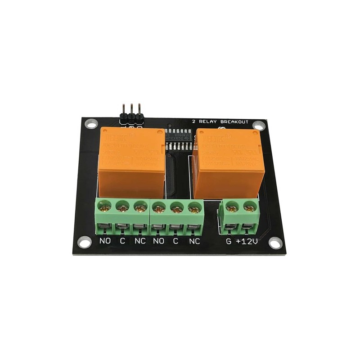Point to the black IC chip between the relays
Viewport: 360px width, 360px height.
pyautogui.click(x=181, y=141)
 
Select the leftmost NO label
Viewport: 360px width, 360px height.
pyautogui.click(x=105, y=241)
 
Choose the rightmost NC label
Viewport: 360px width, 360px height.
pyautogui.click(x=194, y=241)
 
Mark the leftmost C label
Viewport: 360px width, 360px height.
pyautogui.click(x=122, y=241)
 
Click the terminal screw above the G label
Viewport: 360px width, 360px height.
pyautogui.click(x=232, y=207)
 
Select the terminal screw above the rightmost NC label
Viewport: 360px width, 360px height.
pyautogui.click(x=193, y=207)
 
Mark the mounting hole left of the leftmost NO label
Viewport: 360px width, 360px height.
pyautogui.click(x=83, y=243)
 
